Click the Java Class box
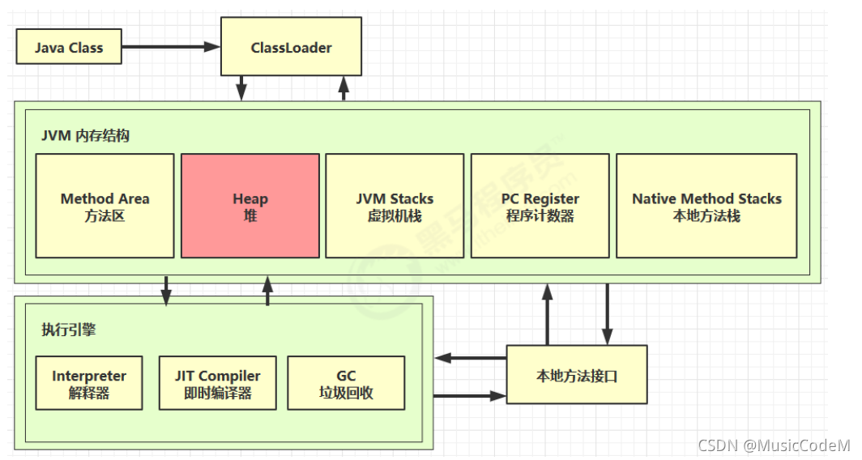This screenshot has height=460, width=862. click(x=69, y=48)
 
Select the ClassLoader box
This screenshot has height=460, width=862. click(x=291, y=48)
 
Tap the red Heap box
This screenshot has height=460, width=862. click(x=250, y=207)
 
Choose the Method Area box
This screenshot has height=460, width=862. click(x=105, y=207)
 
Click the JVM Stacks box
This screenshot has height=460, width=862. click(x=395, y=207)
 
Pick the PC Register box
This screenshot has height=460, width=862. click(x=540, y=207)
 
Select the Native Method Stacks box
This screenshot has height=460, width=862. click(x=706, y=207)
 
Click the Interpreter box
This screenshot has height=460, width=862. click(x=89, y=384)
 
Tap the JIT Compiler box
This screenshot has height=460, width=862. click(x=217, y=384)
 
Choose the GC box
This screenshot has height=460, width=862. click(x=346, y=384)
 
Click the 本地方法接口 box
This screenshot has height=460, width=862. click(x=577, y=375)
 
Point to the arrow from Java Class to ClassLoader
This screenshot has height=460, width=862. click(x=171, y=47)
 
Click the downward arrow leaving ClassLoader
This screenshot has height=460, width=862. click(x=241, y=87)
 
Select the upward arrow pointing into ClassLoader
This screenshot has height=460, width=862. click(x=344, y=87)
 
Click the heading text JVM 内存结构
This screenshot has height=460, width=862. click(x=85, y=135)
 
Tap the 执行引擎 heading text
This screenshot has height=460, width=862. click(x=69, y=330)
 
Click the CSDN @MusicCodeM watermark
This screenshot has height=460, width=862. click(x=774, y=445)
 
